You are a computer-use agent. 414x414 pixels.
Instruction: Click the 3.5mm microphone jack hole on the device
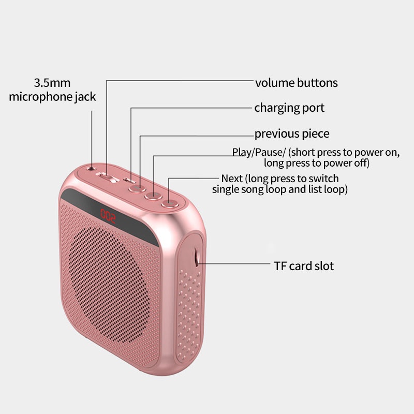coord(92,167)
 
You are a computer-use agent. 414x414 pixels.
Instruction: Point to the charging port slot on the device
coord(130,181)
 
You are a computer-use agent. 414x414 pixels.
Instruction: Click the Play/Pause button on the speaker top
coord(154,196)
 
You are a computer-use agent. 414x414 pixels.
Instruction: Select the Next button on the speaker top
coord(169,203)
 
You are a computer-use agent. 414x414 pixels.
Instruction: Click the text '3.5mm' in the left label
coord(52,82)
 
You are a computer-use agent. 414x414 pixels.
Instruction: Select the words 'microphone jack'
coord(52,97)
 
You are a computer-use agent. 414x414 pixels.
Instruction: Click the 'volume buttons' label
coord(296,83)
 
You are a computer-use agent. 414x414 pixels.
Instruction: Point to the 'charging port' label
coord(289,108)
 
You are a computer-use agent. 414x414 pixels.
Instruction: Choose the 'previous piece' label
coord(291,134)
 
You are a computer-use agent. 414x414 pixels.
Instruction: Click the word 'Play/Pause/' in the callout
coord(259,152)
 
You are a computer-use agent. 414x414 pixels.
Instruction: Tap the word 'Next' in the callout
coord(232,179)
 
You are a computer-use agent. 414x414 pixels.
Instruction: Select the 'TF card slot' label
coord(304,266)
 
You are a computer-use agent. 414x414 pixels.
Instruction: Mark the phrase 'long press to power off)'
coord(316,163)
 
